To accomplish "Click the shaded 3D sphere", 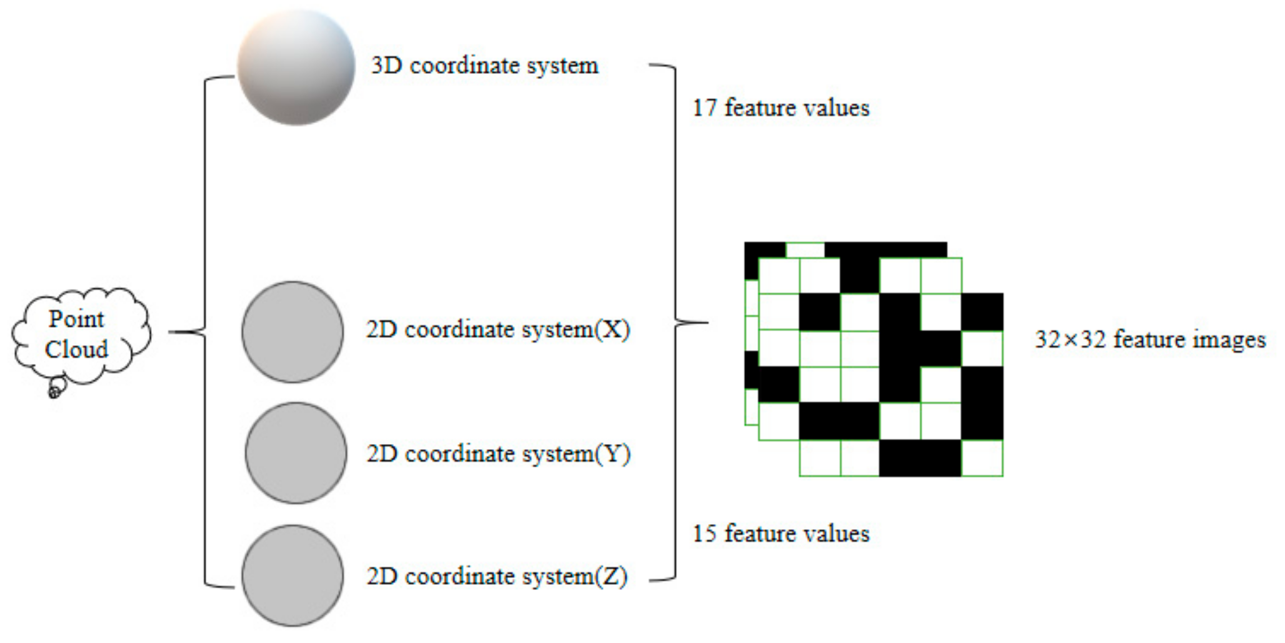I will (x=296, y=66).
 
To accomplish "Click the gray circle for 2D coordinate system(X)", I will (x=292, y=332).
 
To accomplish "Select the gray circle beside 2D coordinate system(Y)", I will (x=296, y=453).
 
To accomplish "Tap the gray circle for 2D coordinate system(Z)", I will (x=292, y=575).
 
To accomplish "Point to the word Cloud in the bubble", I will (x=76, y=349).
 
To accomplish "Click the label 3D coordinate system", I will (x=484, y=66).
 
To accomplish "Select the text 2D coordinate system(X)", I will (x=498, y=330).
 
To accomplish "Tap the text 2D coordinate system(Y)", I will (x=498, y=453).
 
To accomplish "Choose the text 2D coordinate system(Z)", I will (x=497, y=576).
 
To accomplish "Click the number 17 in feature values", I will (x=704, y=108).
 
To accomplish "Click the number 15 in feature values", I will (x=704, y=534).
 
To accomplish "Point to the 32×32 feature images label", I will (x=1150, y=340).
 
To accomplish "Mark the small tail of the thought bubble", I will (x=55, y=391).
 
